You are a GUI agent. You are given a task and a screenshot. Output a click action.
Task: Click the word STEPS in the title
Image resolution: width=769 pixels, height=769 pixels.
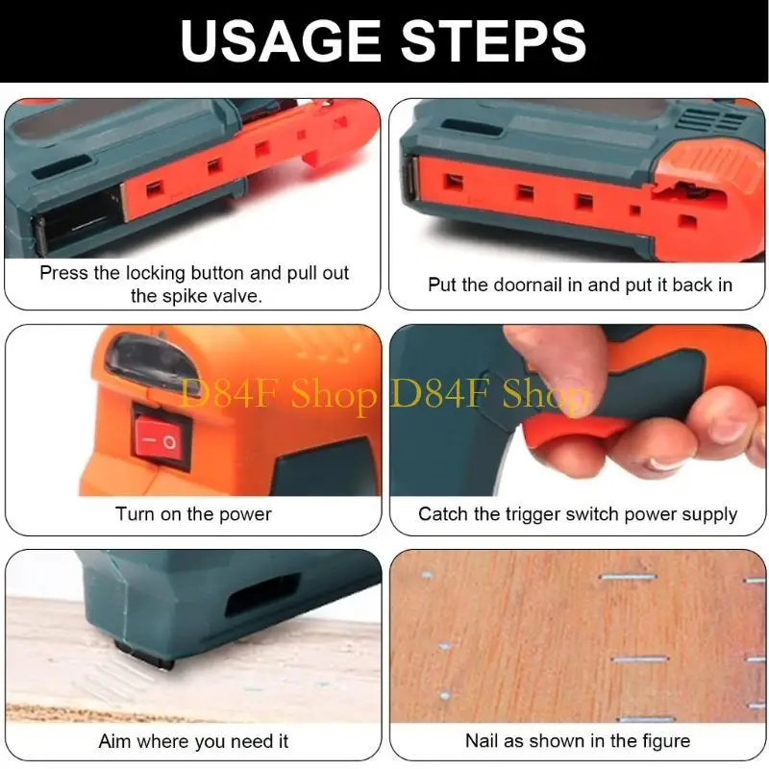491,40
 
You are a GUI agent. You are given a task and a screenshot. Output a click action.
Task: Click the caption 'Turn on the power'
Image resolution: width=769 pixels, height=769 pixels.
193,514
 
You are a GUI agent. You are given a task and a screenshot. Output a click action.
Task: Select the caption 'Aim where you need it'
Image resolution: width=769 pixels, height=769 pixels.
193,741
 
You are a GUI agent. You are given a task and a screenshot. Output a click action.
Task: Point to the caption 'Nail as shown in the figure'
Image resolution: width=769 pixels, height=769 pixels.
578,741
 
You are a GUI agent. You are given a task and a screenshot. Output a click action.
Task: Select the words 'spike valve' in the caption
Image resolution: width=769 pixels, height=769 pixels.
211,296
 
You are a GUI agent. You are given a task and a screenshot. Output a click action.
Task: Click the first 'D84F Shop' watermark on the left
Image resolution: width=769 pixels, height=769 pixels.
280,395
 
